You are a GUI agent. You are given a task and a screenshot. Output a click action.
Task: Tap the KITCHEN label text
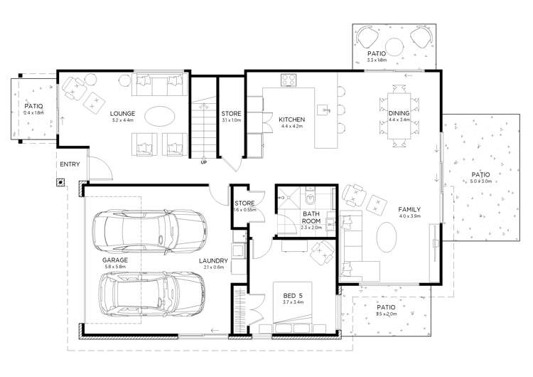pyautogui.click(x=291, y=119)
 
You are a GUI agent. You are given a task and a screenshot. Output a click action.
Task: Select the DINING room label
pyautogui.click(x=399, y=113)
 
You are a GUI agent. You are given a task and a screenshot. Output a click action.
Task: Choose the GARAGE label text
pyautogui.click(x=114, y=261)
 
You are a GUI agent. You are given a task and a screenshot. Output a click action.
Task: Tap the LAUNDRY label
pyautogui.click(x=213, y=260)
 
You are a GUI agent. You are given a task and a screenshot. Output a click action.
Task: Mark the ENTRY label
pyautogui.click(x=70, y=164)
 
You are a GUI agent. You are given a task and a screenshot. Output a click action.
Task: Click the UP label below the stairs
pyautogui.click(x=204, y=162)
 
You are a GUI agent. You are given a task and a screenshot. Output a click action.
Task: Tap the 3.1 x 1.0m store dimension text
pyautogui.click(x=231, y=121)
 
